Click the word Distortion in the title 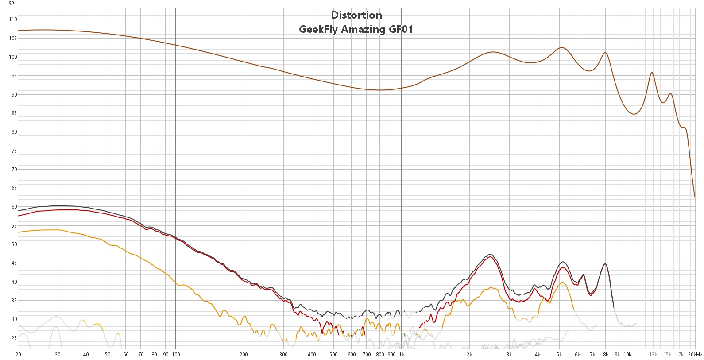356,15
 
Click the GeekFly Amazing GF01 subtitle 356,29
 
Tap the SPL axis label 12,4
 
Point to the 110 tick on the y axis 13,19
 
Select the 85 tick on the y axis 14,113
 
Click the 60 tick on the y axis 14,207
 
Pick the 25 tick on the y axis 14,338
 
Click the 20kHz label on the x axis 695,355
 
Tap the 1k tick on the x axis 402,355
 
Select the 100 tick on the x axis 176,355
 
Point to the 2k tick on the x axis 469,355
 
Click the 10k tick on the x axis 627,355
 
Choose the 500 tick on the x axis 333,355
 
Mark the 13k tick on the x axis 653,355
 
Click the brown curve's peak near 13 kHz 652,73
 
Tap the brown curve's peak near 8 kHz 605,53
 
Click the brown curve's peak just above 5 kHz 562,47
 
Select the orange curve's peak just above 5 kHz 562,282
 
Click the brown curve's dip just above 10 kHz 634,114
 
